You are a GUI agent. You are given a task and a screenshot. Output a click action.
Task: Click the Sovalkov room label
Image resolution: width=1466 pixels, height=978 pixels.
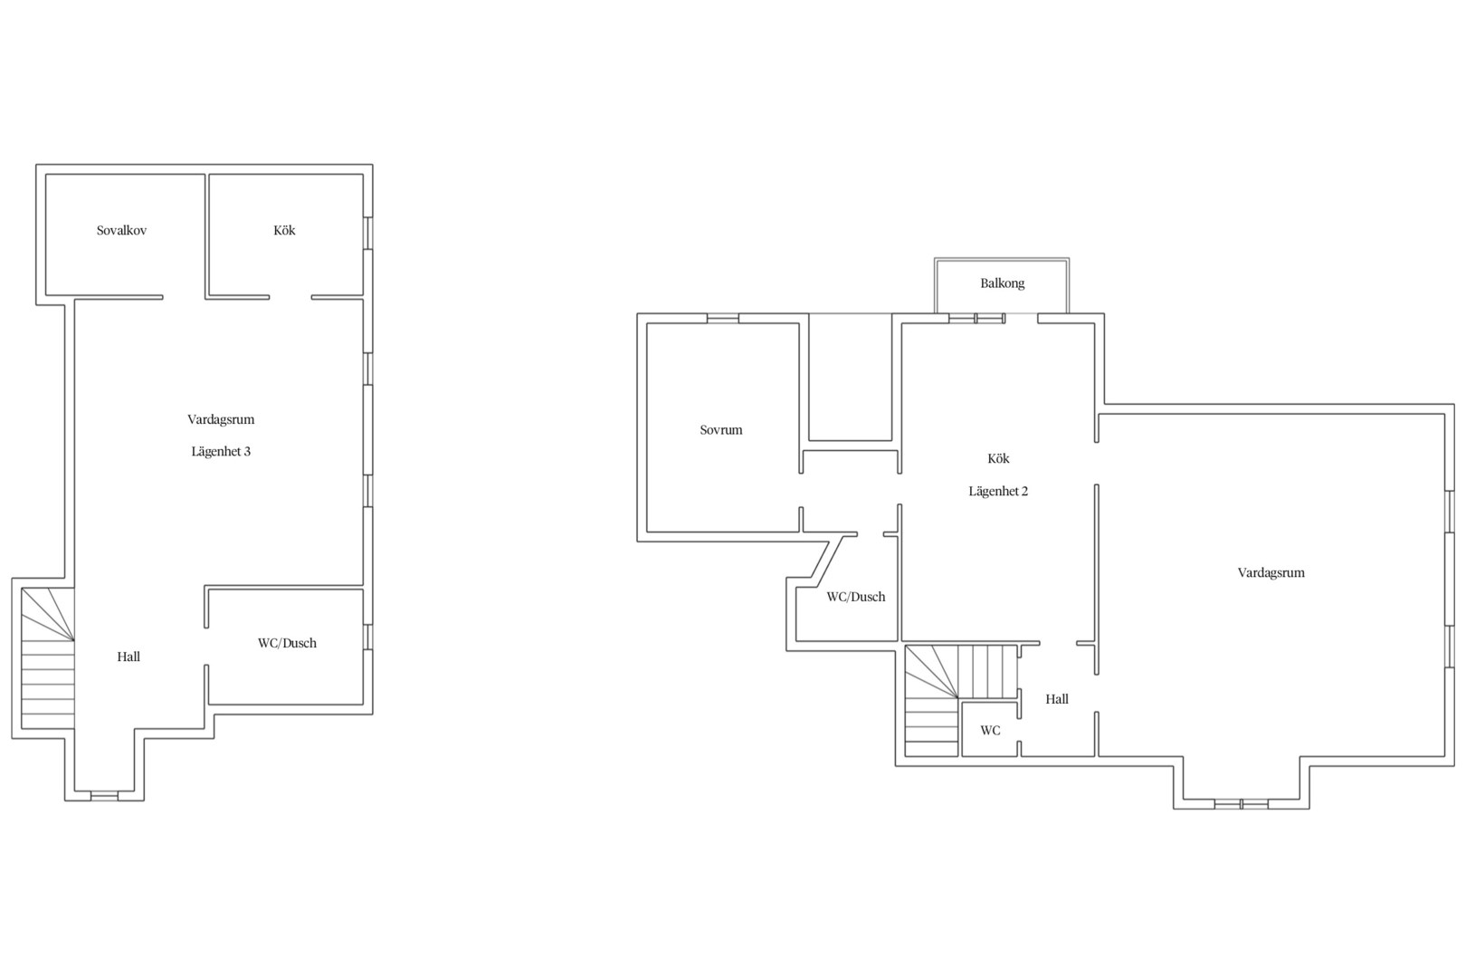click(122, 231)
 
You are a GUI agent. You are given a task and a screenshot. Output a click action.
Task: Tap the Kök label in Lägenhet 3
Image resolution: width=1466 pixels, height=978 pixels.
click(285, 231)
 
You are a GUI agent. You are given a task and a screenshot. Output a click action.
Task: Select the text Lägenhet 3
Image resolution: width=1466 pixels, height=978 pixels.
click(221, 451)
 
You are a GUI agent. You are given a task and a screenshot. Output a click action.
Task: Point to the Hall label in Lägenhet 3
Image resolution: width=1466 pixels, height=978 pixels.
click(129, 657)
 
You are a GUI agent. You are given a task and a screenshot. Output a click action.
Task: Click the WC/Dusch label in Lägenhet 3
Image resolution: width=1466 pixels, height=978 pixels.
click(287, 643)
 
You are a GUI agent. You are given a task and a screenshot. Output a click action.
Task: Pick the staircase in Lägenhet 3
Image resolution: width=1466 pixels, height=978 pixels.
click(48, 658)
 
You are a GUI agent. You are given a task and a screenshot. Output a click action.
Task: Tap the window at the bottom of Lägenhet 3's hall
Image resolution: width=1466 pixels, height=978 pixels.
click(104, 796)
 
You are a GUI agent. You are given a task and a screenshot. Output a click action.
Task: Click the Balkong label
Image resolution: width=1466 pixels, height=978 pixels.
click(1003, 283)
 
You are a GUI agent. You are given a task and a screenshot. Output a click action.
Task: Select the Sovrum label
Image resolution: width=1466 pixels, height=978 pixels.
click(721, 430)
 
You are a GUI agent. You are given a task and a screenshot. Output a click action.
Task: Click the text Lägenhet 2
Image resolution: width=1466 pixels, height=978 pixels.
click(999, 492)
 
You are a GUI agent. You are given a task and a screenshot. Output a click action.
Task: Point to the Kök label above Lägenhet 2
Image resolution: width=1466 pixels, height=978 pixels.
click(999, 458)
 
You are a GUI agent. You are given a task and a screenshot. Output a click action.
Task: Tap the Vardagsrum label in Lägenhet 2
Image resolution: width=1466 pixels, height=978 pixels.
click(1271, 573)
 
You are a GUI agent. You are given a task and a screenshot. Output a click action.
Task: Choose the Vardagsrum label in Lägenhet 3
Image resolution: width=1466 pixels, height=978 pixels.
click(221, 420)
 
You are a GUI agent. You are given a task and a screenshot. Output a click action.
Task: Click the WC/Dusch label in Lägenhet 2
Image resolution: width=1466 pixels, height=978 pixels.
click(856, 597)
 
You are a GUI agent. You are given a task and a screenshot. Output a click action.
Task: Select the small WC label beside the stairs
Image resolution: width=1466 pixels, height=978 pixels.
click(991, 731)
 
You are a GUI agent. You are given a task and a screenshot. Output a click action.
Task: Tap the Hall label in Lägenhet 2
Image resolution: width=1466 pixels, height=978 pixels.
click(1057, 700)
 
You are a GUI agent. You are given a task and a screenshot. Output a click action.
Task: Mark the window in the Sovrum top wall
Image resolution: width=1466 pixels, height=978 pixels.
click(723, 319)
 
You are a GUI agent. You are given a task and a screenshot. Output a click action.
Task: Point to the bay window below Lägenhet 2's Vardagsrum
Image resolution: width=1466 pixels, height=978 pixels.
click(1242, 804)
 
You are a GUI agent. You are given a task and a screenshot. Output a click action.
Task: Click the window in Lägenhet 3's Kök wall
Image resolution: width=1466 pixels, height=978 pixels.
click(367, 234)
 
